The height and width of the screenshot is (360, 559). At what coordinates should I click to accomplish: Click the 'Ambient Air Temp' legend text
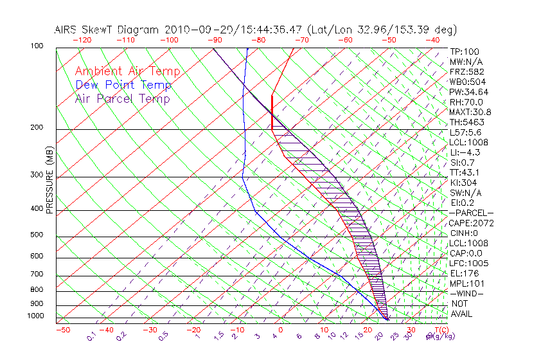tap(127, 71)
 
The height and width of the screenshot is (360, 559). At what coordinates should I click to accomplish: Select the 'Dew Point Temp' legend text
tap(123, 85)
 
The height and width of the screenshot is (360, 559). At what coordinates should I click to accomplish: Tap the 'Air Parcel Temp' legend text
tap(122, 98)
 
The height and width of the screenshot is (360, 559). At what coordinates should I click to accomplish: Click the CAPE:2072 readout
tap(472, 223)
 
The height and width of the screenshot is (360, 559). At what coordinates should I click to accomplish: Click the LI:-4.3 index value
tap(465, 152)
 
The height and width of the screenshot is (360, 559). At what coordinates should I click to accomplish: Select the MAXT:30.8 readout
tap(470, 112)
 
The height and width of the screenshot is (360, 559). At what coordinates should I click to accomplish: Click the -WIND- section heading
tap(466, 293)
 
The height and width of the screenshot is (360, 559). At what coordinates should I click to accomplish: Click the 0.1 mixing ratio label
tap(91, 336)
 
